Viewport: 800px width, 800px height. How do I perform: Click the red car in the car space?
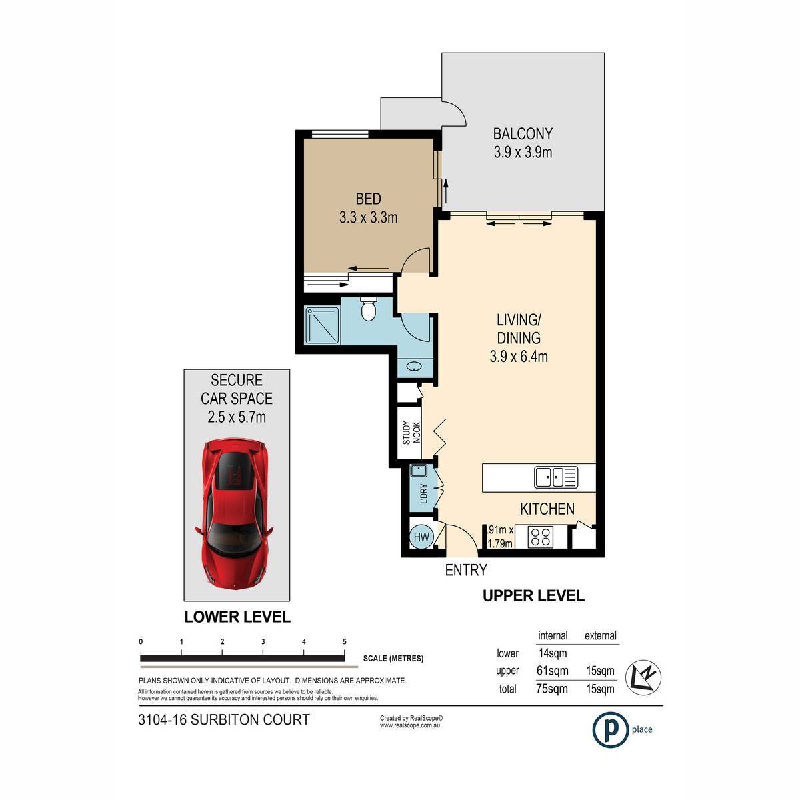(234, 513)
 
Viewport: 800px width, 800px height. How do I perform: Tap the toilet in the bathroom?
(368, 309)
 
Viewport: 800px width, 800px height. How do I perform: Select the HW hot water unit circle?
(421, 537)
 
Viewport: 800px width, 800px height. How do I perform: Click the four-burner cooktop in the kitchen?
(541, 537)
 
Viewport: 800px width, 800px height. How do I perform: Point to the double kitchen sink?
(556, 477)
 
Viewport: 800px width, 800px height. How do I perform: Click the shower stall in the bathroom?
(322, 325)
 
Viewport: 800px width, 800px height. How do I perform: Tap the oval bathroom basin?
(414, 367)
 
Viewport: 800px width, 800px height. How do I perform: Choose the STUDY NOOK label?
(411, 433)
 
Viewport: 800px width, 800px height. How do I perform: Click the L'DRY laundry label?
(423, 493)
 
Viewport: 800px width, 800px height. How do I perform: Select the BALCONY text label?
(523, 134)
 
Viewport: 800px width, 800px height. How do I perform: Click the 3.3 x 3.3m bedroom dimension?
(368, 217)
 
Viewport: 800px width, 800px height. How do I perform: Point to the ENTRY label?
(466, 570)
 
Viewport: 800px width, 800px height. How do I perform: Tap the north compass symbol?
(643, 677)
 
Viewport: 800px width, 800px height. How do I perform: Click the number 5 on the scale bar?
(345, 641)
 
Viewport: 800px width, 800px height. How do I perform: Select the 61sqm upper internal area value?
(553, 671)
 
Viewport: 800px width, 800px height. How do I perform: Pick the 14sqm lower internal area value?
(553, 653)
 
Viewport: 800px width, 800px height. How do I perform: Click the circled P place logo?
(610, 729)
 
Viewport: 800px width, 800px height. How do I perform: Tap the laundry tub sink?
(418, 471)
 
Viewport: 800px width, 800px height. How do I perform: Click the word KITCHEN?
(547, 509)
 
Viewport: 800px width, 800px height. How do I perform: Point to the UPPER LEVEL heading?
(533, 596)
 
